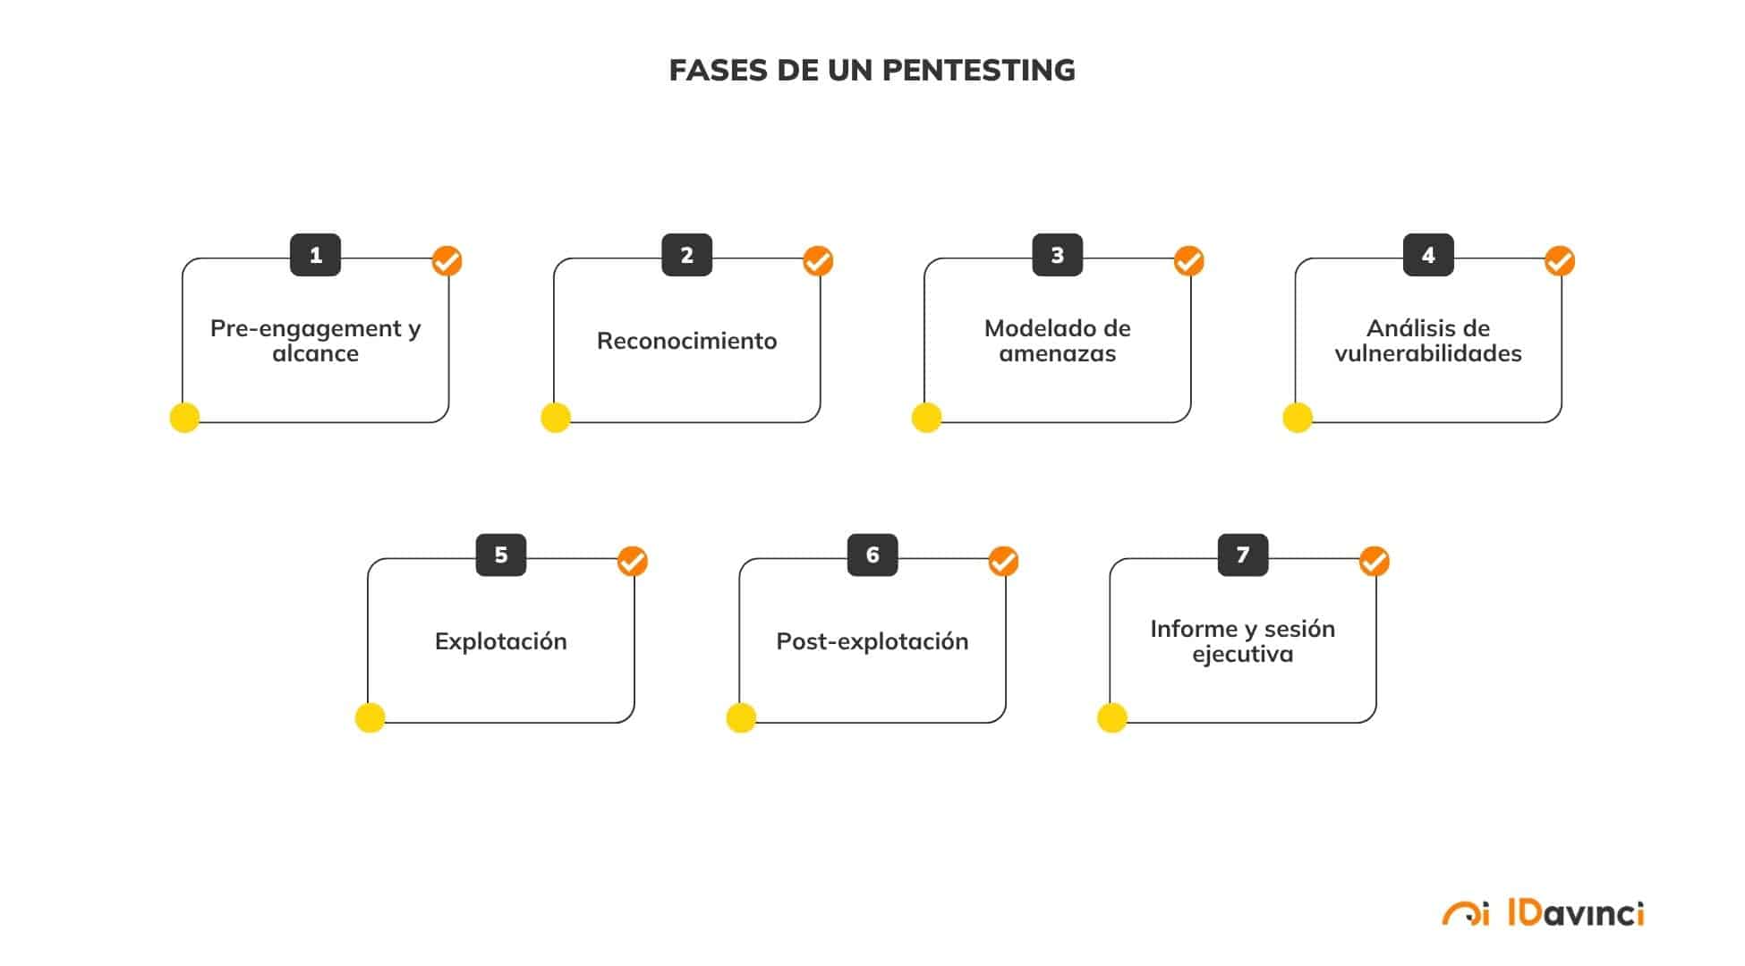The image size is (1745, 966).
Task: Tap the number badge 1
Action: (x=315, y=255)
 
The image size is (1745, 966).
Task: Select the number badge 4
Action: (x=1427, y=255)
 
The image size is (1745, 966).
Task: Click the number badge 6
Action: (x=872, y=555)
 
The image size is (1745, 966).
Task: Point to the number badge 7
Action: (x=1242, y=555)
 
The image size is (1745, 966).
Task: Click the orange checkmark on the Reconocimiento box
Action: (x=817, y=261)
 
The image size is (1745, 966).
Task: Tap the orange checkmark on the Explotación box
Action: (x=632, y=562)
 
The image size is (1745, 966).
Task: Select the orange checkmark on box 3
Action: (x=1188, y=261)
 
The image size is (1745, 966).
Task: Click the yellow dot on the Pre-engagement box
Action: (x=184, y=418)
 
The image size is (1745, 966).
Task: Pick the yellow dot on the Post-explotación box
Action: (x=741, y=717)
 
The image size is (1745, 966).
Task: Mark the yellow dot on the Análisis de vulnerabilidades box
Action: (x=1297, y=418)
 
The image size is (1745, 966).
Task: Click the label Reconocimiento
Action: (x=686, y=341)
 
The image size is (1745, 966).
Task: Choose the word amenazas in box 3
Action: (x=1057, y=354)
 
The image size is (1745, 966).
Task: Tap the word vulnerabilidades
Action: (x=1427, y=354)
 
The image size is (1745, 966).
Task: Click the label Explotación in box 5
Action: (x=500, y=641)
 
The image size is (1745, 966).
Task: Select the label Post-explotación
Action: (x=872, y=641)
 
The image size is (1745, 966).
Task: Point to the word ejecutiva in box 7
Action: (x=1242, y=655)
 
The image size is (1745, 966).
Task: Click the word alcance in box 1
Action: (x=315, y=354)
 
